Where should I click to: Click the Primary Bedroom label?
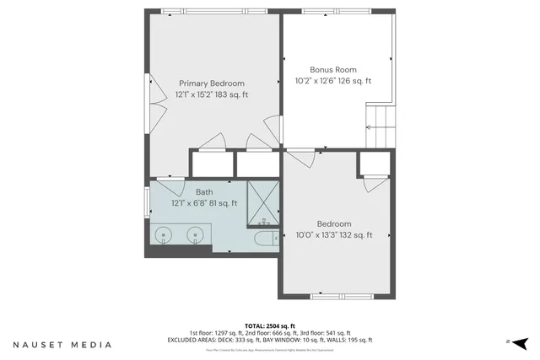click(211, 83)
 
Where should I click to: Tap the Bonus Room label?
click(333, 70)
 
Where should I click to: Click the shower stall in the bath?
click(262, 204)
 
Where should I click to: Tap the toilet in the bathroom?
click(264, 240)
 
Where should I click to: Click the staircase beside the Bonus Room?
click(380, 126)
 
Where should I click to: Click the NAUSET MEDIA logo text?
click(62, 345)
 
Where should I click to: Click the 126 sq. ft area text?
click(354, 82)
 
